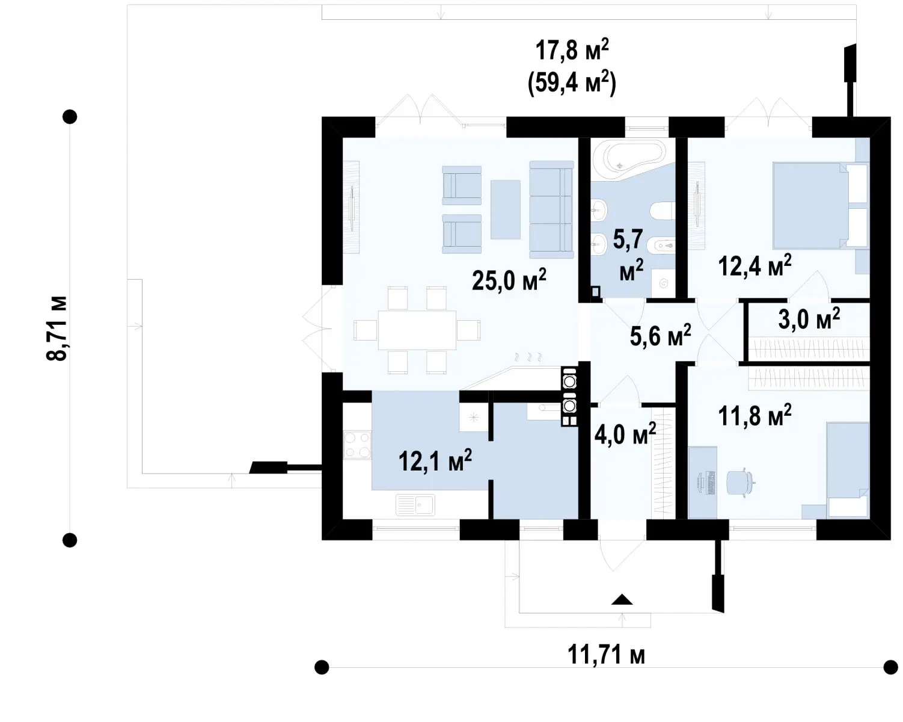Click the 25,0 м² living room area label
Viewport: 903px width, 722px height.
point(509,280)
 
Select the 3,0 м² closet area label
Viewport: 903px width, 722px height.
point(809,319)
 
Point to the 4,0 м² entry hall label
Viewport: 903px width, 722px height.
point(625,434)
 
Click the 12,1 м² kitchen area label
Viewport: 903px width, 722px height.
point(435,461)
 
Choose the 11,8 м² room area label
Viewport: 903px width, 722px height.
point(755,415)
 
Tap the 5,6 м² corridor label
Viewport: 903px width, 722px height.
point(661,335)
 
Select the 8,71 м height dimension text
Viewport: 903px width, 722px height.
point(57,329)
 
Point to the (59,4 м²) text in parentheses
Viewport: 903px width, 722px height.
point(572,84)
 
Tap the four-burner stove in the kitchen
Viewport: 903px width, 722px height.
point(357,445)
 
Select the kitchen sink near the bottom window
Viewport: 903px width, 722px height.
point(415,504)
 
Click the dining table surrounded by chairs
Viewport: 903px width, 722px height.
point(417,330)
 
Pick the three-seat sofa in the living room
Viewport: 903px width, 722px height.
point(551,209)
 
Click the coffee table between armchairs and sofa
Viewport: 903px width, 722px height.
point(505,209)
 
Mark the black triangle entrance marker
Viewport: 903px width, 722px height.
point(622,600)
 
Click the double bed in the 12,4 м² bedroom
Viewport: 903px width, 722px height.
point(820,205)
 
